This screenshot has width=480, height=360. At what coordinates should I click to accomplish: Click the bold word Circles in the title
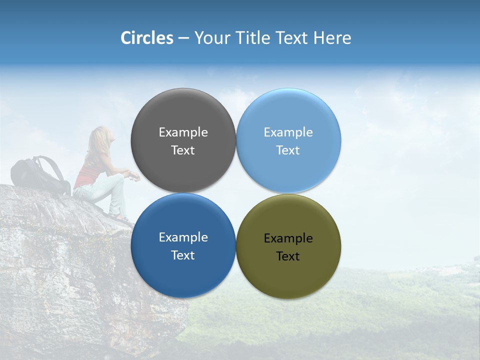(146, 38)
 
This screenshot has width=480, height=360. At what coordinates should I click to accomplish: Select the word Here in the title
(332, 38)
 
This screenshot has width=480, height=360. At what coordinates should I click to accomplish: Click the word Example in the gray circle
(183, 132)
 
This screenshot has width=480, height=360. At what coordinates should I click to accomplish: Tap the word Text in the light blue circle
(288, 150)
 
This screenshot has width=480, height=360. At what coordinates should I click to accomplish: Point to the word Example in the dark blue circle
(183, 237)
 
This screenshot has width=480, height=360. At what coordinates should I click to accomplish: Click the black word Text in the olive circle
(288, 256)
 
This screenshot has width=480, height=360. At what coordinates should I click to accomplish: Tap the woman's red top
(90, 172)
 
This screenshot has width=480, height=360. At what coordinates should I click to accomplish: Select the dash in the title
(183, 38)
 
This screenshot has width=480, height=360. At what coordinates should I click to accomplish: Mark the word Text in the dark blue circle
(183, 255)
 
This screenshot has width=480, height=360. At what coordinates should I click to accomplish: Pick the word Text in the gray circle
(183, 150)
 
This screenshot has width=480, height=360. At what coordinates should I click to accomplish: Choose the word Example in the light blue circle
(288, 132)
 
